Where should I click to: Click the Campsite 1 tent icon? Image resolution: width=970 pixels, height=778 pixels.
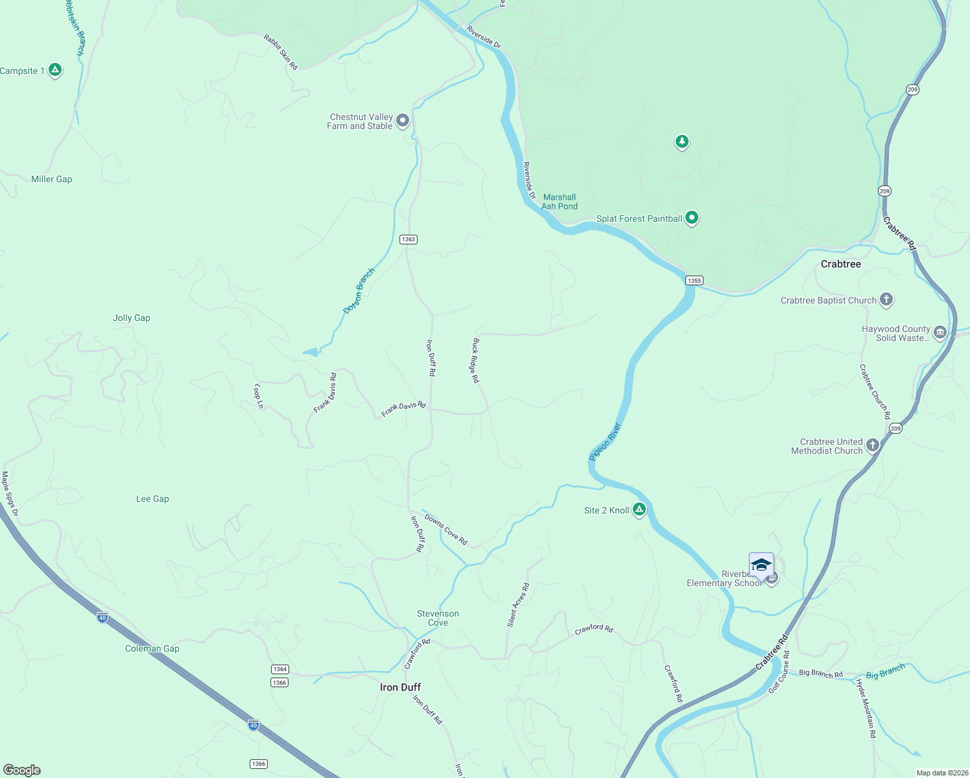(55, 70)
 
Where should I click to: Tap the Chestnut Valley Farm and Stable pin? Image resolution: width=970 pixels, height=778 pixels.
(403, 121)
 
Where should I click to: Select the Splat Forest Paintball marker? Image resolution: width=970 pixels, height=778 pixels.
(692, 218)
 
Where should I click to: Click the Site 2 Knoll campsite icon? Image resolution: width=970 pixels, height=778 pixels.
(639, 510)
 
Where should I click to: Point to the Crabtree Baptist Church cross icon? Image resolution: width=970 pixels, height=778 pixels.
(886, 300)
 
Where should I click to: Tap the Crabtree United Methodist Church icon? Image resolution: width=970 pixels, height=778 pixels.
(873, 445)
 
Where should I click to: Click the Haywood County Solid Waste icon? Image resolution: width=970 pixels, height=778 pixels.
(940, 333)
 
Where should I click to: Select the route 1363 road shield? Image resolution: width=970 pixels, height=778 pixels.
(408, 239)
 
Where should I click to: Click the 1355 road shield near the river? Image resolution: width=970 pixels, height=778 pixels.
(694, 280)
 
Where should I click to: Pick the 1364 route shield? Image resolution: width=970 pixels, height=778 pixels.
(279, 669)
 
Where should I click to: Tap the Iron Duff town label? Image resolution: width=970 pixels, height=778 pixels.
(400, 687)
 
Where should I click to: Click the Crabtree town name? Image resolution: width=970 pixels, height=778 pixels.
(840, 264)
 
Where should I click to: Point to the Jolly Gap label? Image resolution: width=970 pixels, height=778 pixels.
(132, 318)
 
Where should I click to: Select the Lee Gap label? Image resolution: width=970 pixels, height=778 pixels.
(152, 499)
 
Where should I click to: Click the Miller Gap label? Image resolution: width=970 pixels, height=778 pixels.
(52, 179)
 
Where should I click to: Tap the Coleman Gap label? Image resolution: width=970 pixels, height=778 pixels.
(152, 648)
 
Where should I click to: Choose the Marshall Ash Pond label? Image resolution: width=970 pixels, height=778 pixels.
(559, 202)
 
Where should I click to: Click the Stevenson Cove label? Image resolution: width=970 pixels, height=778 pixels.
(438, 618)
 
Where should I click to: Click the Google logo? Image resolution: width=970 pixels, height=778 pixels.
(22, 770)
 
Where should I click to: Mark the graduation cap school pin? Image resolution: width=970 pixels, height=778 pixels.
(761, 565)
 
